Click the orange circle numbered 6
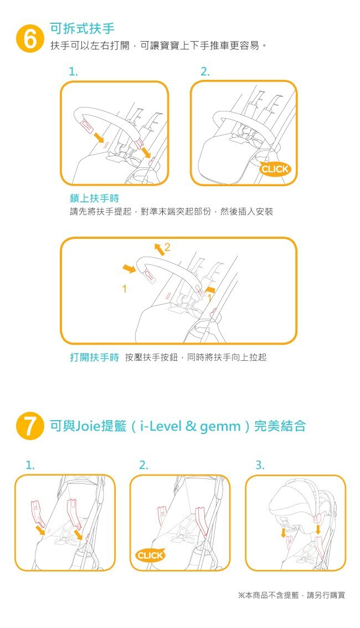click(29, 39)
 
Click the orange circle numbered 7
click(29, 426)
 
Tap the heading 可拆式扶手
click(83, 28)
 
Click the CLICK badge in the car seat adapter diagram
click(151, 555)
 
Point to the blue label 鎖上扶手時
click(94, 198)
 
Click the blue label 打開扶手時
click(94, 358)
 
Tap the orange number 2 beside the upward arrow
click(167, 248)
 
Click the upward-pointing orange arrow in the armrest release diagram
click(158, 249)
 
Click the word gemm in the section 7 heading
click(220, 427)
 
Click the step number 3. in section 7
click(260, 465)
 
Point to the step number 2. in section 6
click(205, 72)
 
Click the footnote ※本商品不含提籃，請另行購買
click(291, 595)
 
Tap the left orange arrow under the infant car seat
click(284, 533)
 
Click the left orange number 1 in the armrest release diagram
click(125, 289)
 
